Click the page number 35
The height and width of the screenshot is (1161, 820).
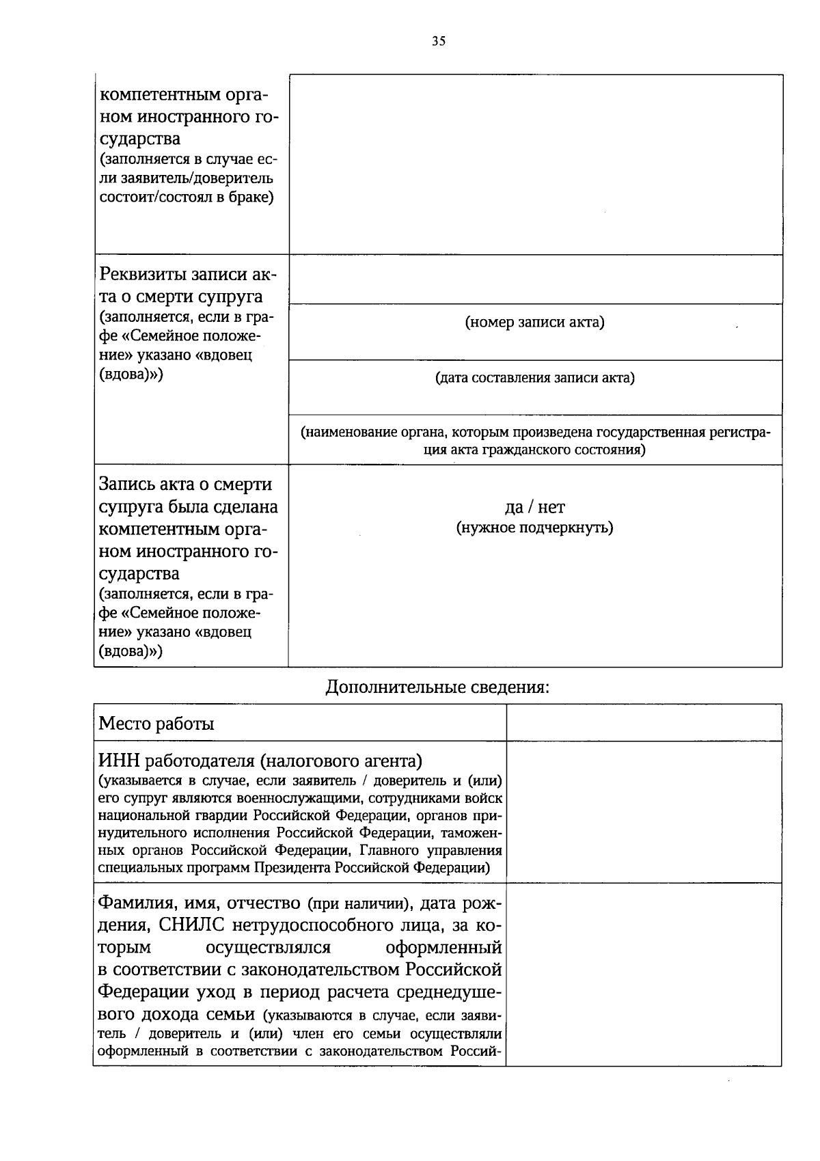439,41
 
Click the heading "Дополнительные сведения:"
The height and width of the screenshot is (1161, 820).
437,687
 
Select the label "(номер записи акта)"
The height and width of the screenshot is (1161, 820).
535,323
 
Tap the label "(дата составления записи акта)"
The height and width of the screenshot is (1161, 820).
535,378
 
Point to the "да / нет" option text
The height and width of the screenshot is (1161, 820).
535,507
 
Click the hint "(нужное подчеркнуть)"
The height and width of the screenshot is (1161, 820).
535,528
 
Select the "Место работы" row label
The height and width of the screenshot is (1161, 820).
156,724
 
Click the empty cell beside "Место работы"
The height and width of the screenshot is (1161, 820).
644,723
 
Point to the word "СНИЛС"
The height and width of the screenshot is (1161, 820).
192,925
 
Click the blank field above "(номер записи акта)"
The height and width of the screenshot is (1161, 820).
535,279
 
